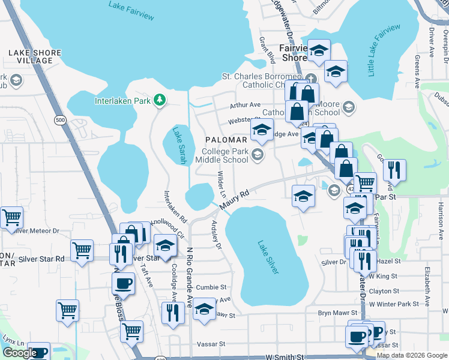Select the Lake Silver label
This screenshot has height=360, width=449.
coord(268,257)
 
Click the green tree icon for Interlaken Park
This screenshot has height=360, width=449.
coord(159,100)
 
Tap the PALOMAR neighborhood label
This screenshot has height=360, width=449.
coord(226,139)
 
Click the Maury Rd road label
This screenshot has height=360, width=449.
coord(234,201)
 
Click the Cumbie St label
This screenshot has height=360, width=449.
coord(210,287)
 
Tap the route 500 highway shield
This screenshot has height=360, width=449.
coord(60,120)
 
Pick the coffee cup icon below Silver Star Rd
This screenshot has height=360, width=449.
coord(124,283)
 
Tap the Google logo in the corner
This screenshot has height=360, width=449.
coord(19,353)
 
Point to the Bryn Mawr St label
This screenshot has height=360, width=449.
coord(337,313)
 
